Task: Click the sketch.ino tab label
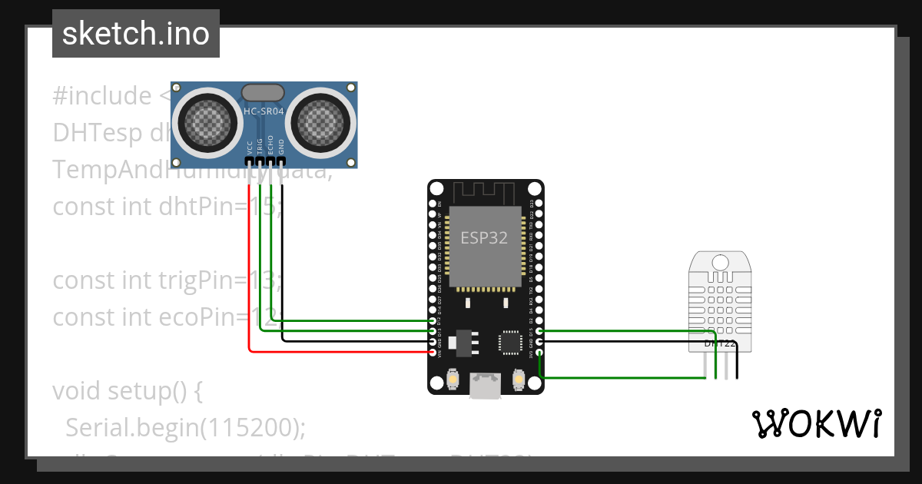pyautogui.click(x=135, y=34)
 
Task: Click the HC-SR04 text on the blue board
pyautogui.click(x=264, y=113)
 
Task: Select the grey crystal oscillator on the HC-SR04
pyautogui.click(x=264, y=93)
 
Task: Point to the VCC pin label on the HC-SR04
pyautogui.click(x=250, y=148)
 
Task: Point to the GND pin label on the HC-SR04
pyautogui.click(x=281, y=148)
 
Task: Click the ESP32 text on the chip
pyautogui.click(x=484, y=237)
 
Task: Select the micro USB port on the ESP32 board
pyautogui.click(x=486, y=386)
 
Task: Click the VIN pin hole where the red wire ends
pyautogui.click(x=432, y=352)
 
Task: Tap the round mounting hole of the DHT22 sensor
pyautogui.click(x=721, y=262)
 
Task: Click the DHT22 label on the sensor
pyautogui.click(x=721, y=343)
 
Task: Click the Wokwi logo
pyautogui.click(x=816, y=423)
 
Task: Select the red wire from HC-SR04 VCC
pyautogui.click(x=249, y=269)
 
